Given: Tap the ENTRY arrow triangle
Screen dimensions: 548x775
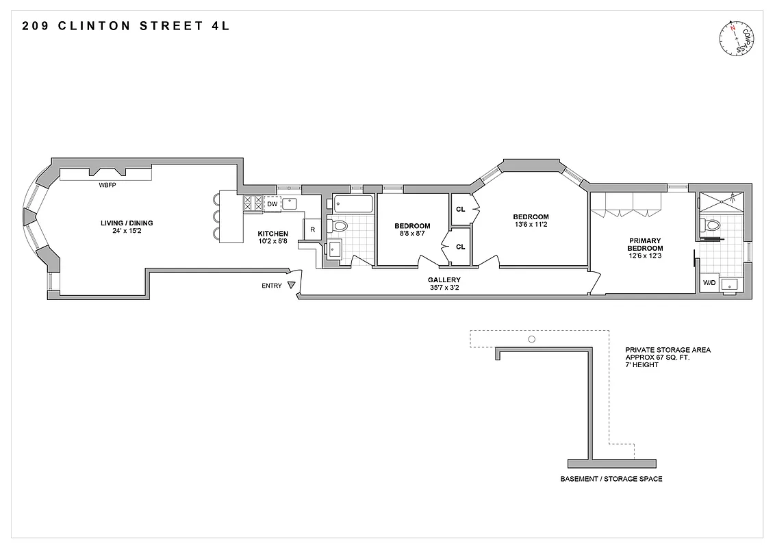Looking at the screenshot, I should click(x=292, y=286).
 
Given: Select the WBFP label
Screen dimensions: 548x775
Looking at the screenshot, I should click(x=107, y=185).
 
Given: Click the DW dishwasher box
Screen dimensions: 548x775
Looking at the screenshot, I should click(x=272, y=203).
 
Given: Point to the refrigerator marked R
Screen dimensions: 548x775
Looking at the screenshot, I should click(x=313, y=229).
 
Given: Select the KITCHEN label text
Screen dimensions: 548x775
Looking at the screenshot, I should click(x=273, y=234).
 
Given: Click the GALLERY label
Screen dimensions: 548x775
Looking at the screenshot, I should click(x=444, y=279).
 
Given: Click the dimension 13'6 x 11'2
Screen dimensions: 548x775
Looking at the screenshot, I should click(x=531, y=225).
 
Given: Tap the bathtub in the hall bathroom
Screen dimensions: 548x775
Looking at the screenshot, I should click(x=353, y=204).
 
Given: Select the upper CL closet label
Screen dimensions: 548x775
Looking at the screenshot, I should click(x=460, y=209).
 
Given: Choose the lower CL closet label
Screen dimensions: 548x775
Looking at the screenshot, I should click(x=460, y=247).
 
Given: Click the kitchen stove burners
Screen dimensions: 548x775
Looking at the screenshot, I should click(x=253, y=203).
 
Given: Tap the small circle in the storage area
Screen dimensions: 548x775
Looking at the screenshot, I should click(x=531, y=339).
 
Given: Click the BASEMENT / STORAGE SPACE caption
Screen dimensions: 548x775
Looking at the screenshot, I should click(x=611, y=479).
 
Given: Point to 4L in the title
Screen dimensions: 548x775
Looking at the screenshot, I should click(x=220, y=27).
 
